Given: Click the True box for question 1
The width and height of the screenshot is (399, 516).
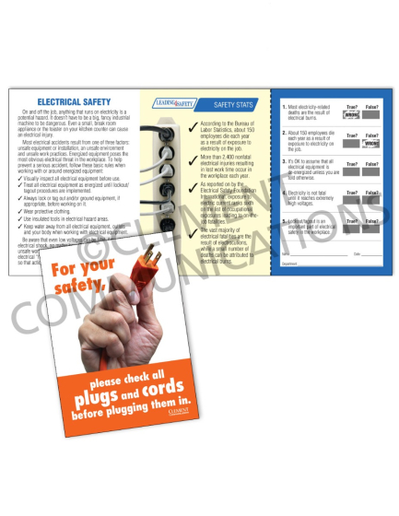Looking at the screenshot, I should point(348,117).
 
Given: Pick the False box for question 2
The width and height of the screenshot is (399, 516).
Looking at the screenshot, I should point(372,143).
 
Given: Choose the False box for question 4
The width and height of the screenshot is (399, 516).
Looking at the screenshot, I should point(372,195).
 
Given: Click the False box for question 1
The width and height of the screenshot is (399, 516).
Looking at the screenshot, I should point(372,117).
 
